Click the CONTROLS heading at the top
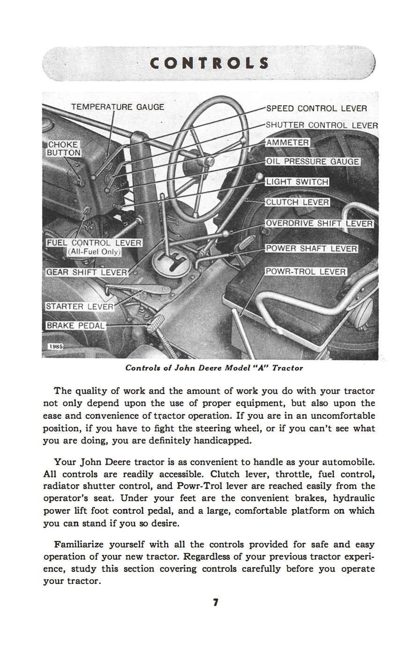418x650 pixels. click(209, 63)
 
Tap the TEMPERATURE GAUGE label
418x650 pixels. click(117, 107)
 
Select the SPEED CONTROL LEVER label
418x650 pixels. click(316, 109)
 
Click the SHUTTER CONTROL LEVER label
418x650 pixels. click(322, 125)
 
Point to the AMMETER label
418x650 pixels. click(287, 142)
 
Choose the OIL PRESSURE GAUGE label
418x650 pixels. click(313, 162)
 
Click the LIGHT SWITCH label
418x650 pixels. click(297, 182)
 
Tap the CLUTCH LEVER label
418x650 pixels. click(297, 202)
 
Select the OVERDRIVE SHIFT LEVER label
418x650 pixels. click(320, 223)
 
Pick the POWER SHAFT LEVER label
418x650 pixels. click(311, 248)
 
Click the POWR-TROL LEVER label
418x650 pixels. click(306, 271)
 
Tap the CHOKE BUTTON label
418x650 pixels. click(64, 149)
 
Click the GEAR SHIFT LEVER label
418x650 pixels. click(87, 272)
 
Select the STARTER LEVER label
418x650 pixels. click(80, 307)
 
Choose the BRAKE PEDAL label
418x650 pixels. click(75, 326)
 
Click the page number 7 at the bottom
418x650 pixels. click(215, 602)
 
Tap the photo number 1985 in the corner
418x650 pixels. click(55, 346)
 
